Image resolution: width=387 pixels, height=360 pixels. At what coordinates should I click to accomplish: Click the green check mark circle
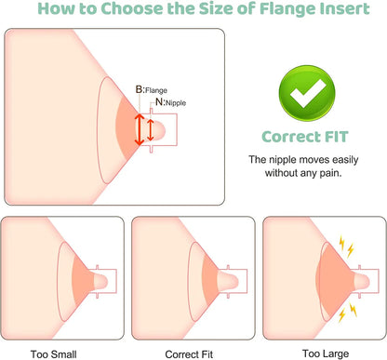(307, 93)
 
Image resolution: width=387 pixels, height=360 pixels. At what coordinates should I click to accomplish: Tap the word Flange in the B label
(156, 90)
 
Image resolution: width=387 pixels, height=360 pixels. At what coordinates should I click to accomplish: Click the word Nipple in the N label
(176, 103)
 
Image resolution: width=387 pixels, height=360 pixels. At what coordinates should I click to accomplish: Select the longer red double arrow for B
(140, 129)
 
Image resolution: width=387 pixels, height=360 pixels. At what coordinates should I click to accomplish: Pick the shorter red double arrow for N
(151, 129)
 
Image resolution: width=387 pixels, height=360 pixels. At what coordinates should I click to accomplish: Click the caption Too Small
(53, 354)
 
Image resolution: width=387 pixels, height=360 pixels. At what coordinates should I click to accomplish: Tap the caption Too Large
(326, 353)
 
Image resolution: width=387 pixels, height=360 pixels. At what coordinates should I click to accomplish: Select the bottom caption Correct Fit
(189, 354)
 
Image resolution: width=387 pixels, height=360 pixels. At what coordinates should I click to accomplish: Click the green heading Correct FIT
(305, 137)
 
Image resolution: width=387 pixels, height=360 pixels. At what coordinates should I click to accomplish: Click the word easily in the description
(345, 160)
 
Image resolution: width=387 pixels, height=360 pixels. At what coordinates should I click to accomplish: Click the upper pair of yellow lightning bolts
(346, 247)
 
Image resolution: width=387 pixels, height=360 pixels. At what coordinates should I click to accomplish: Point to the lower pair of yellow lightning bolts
(347, 312)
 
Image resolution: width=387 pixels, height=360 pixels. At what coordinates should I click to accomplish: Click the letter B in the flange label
(140, 89)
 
